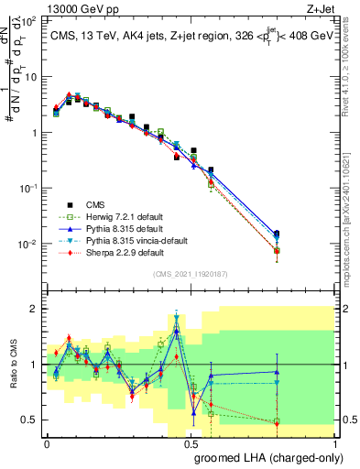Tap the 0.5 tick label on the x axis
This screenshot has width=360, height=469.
[x=192, y=442]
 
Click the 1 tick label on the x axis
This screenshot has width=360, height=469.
[x=336, y=442]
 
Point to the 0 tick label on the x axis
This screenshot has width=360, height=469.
[x=47, y=442]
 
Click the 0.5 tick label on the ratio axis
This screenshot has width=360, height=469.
[x=29, y=420]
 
